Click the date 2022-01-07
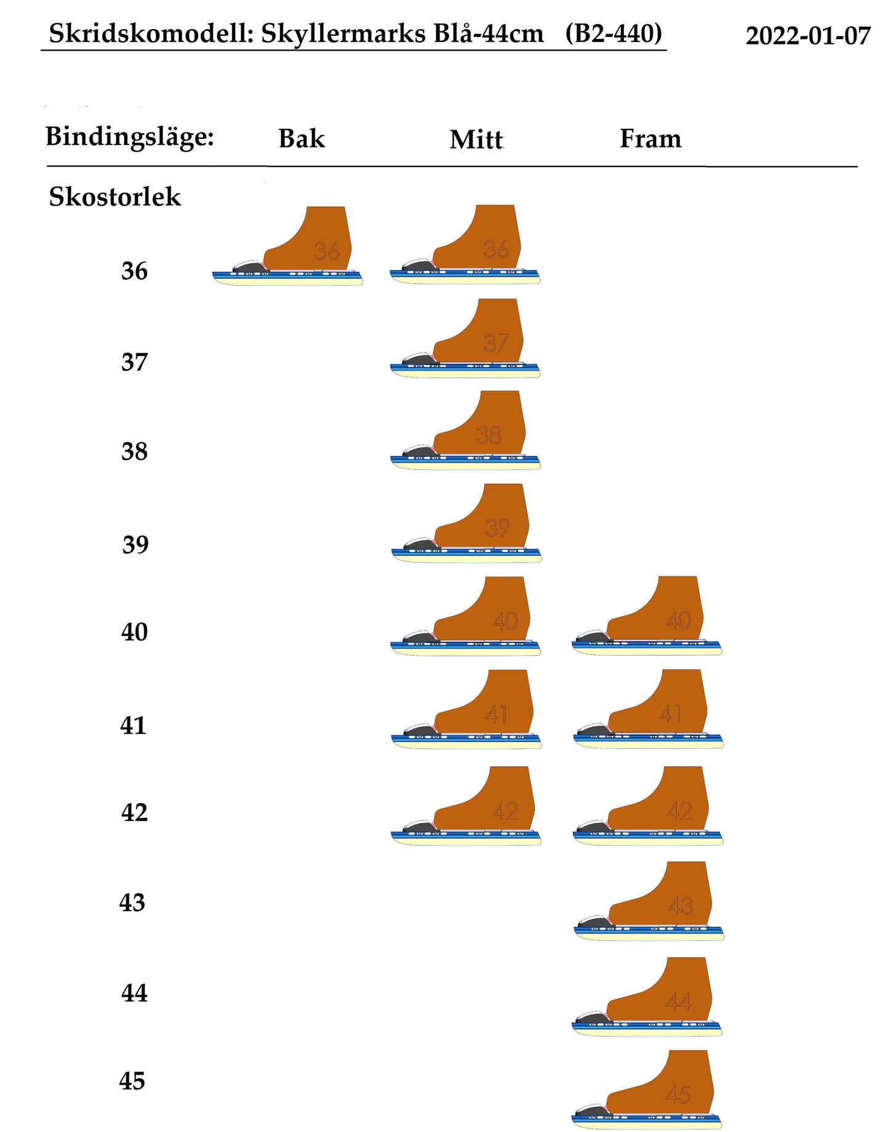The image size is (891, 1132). click(807, 36)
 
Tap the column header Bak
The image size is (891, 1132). click(301, 139)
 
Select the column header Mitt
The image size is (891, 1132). click(476, 140)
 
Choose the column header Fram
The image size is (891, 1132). click(650, 139)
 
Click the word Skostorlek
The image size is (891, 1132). click(115, 197)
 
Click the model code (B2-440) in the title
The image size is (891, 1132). click(613, 33)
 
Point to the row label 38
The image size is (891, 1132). click(134, 452)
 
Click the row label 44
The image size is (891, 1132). click(134, 994)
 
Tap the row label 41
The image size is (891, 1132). click(133, 725)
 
